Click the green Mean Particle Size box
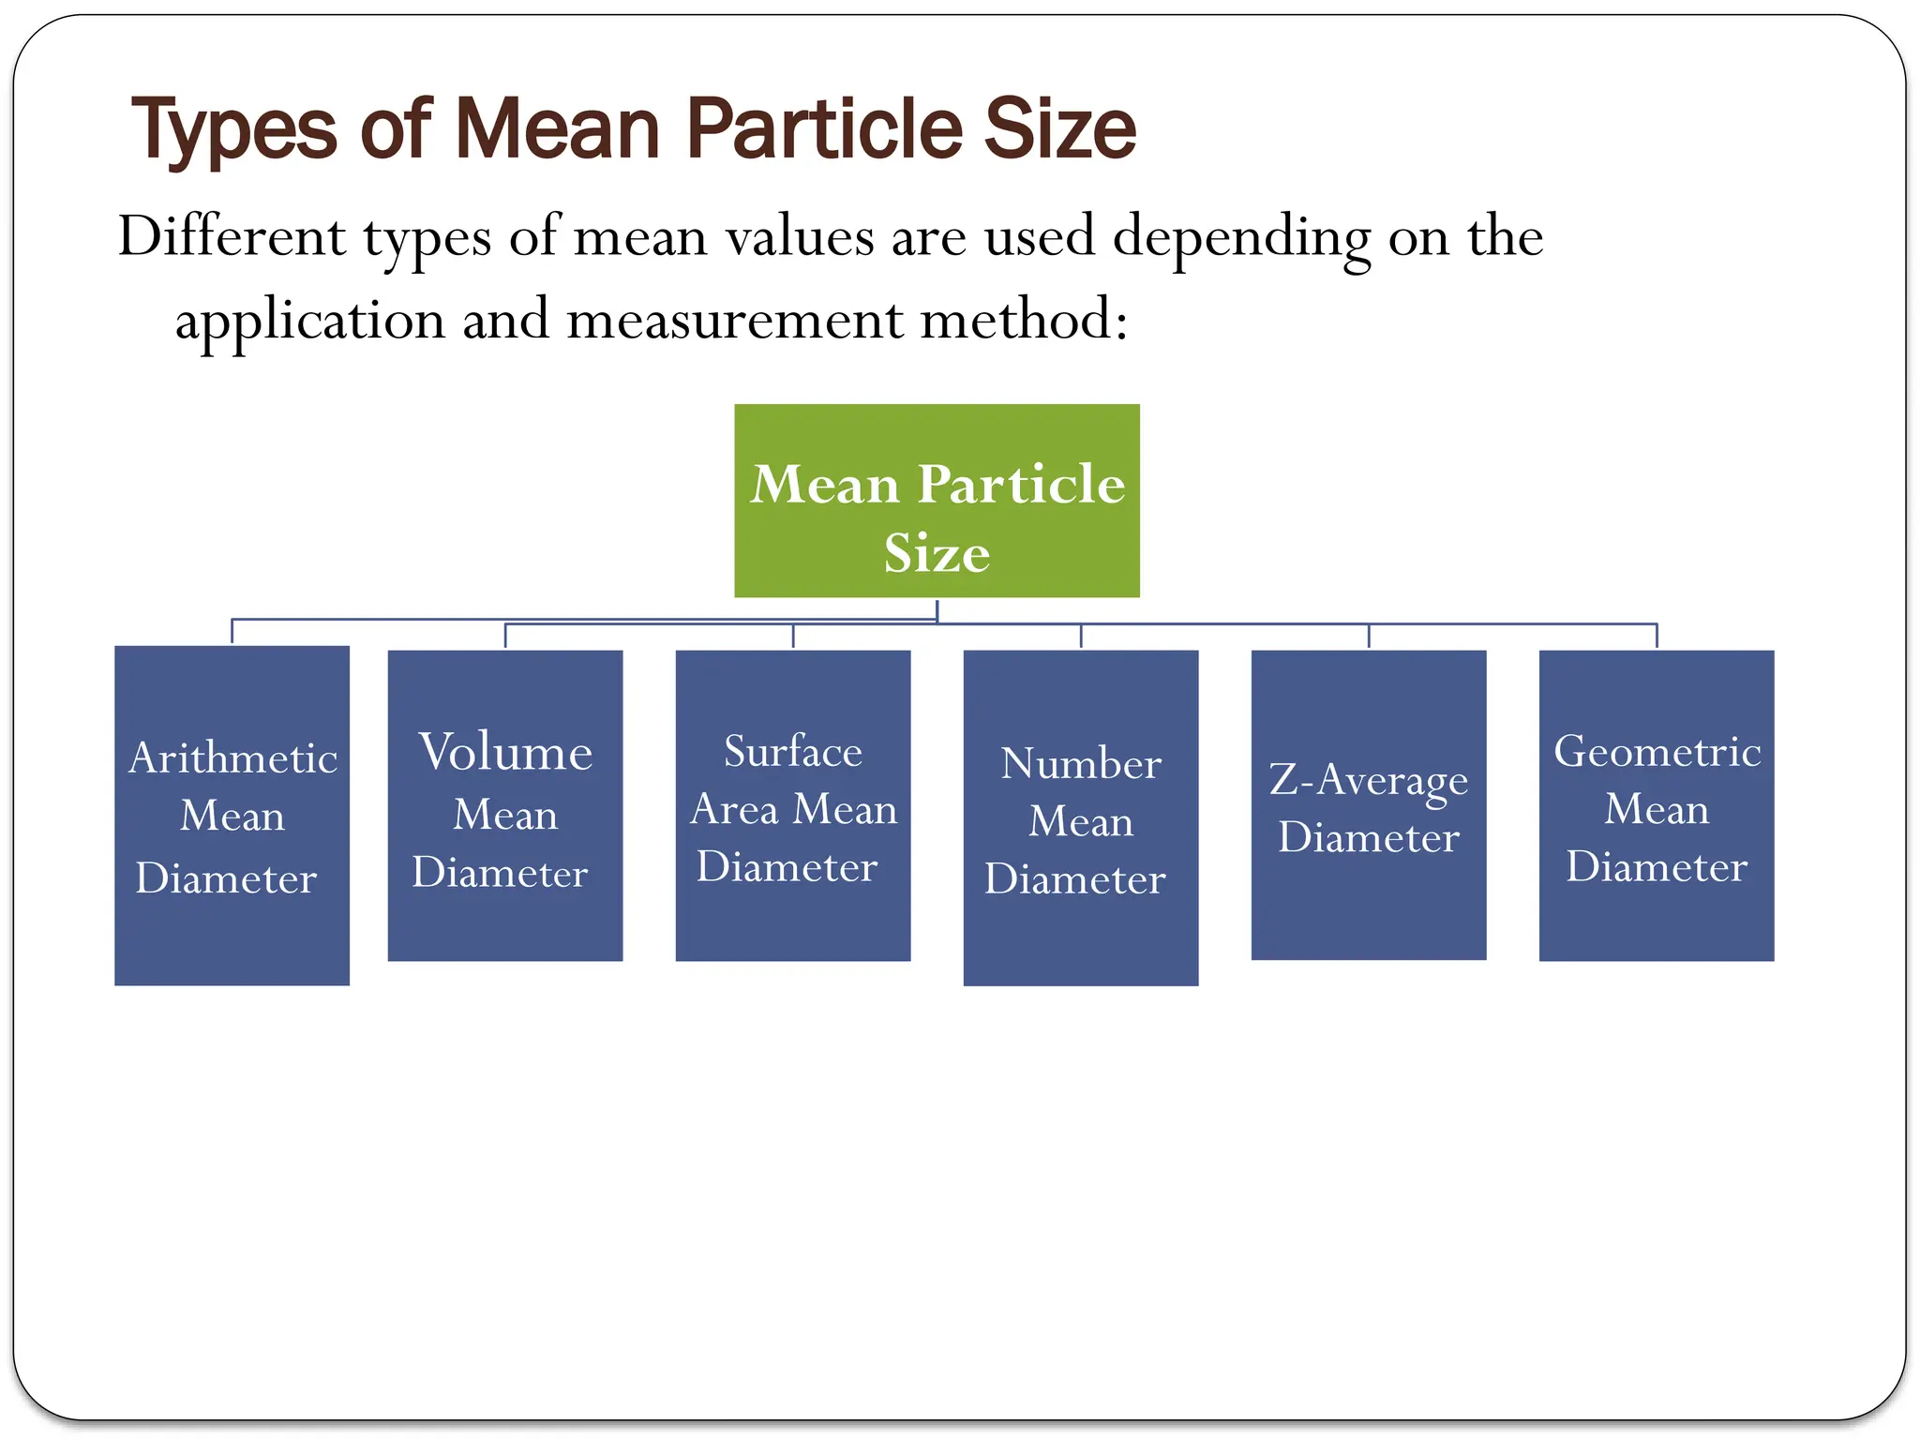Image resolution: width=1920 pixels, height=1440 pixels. [937, 501]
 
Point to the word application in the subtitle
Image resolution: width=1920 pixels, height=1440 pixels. [310, 321]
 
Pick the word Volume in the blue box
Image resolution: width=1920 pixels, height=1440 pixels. [505, 752]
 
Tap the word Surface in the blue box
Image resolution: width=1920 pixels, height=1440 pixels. [793, 751]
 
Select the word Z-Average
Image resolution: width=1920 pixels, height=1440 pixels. [1369, 780]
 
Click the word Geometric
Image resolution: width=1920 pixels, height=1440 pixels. [1657, 751]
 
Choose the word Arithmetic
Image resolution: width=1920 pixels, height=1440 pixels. [232, 757]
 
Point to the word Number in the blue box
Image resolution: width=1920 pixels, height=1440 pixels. [1081, 763]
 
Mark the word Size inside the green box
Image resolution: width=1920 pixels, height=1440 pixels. [937, 552]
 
